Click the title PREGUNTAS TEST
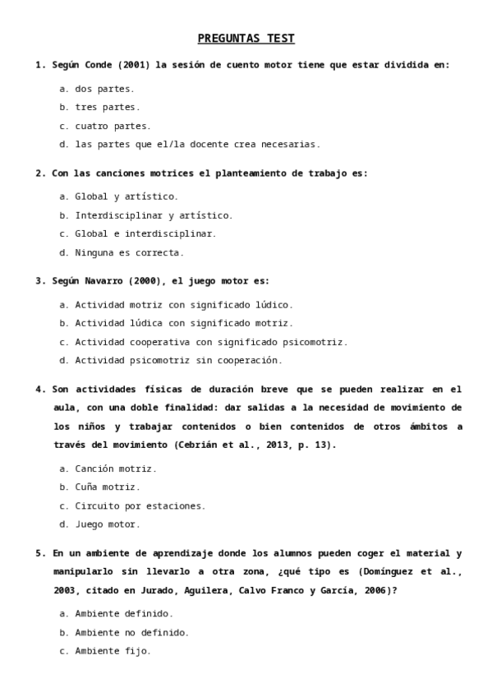pos(246,39)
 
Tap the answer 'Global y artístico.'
pos(126,196)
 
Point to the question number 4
pos(39,389)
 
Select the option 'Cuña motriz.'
pos(108,487)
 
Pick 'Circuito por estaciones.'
pos(140,505)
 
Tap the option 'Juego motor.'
pos(108,524)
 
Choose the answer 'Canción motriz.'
pos(115,469)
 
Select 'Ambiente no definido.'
pos(131,632)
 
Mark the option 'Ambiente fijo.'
pos(113,651)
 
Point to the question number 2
pos(39,173)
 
